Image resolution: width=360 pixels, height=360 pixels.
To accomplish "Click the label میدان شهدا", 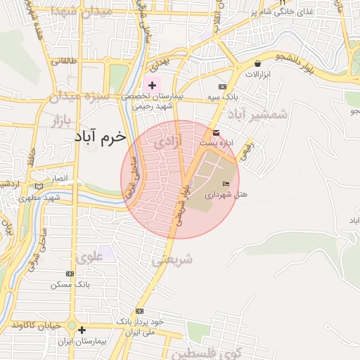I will (x=73, y=12).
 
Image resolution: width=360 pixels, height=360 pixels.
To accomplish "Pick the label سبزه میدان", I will (x=79, y=95).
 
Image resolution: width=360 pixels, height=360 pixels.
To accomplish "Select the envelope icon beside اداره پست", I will (x=215, y=133).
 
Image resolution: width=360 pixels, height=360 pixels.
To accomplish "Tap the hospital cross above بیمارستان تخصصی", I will (x=153, y=85).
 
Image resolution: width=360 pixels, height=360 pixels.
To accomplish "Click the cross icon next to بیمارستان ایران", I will (x=82, y=329).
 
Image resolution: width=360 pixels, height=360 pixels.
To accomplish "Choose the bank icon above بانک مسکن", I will (x=68, y=274).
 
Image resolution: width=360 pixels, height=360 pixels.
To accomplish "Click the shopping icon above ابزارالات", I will (x=258, y=63).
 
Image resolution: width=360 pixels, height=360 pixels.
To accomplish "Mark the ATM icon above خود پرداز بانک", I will (x=139, y=310).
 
